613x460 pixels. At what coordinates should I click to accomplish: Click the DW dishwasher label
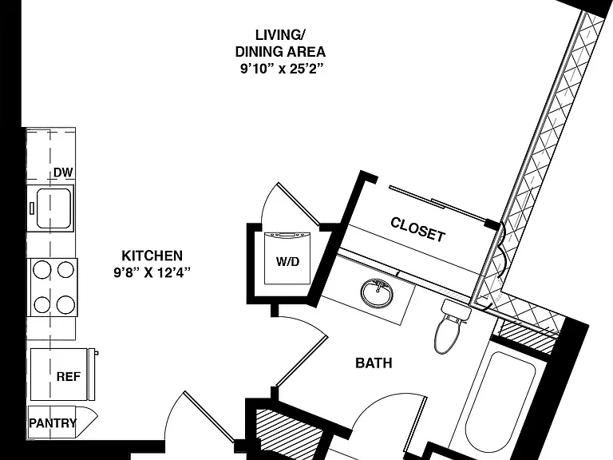63,172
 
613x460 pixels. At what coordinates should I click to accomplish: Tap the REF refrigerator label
69,377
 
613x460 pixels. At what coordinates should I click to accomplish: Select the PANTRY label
53,422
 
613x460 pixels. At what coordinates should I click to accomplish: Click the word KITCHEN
152,256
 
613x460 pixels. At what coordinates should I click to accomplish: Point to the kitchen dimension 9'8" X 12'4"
152,272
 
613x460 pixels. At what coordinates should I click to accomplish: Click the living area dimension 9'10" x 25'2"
283,69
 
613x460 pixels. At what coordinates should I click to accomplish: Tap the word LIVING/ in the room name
280,35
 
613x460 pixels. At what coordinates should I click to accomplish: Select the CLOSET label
418,230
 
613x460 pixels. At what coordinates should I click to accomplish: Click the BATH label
374,363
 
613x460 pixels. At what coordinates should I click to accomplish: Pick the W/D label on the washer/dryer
287,261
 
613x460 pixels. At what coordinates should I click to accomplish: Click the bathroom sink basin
377,293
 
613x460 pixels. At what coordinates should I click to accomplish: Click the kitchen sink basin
54,208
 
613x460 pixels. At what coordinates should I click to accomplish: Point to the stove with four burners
54,287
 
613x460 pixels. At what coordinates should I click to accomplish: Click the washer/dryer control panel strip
287,235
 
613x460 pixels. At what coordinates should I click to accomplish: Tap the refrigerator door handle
93,375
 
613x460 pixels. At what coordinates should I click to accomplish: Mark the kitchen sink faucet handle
31,208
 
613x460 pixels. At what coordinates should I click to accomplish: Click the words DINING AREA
280,52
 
